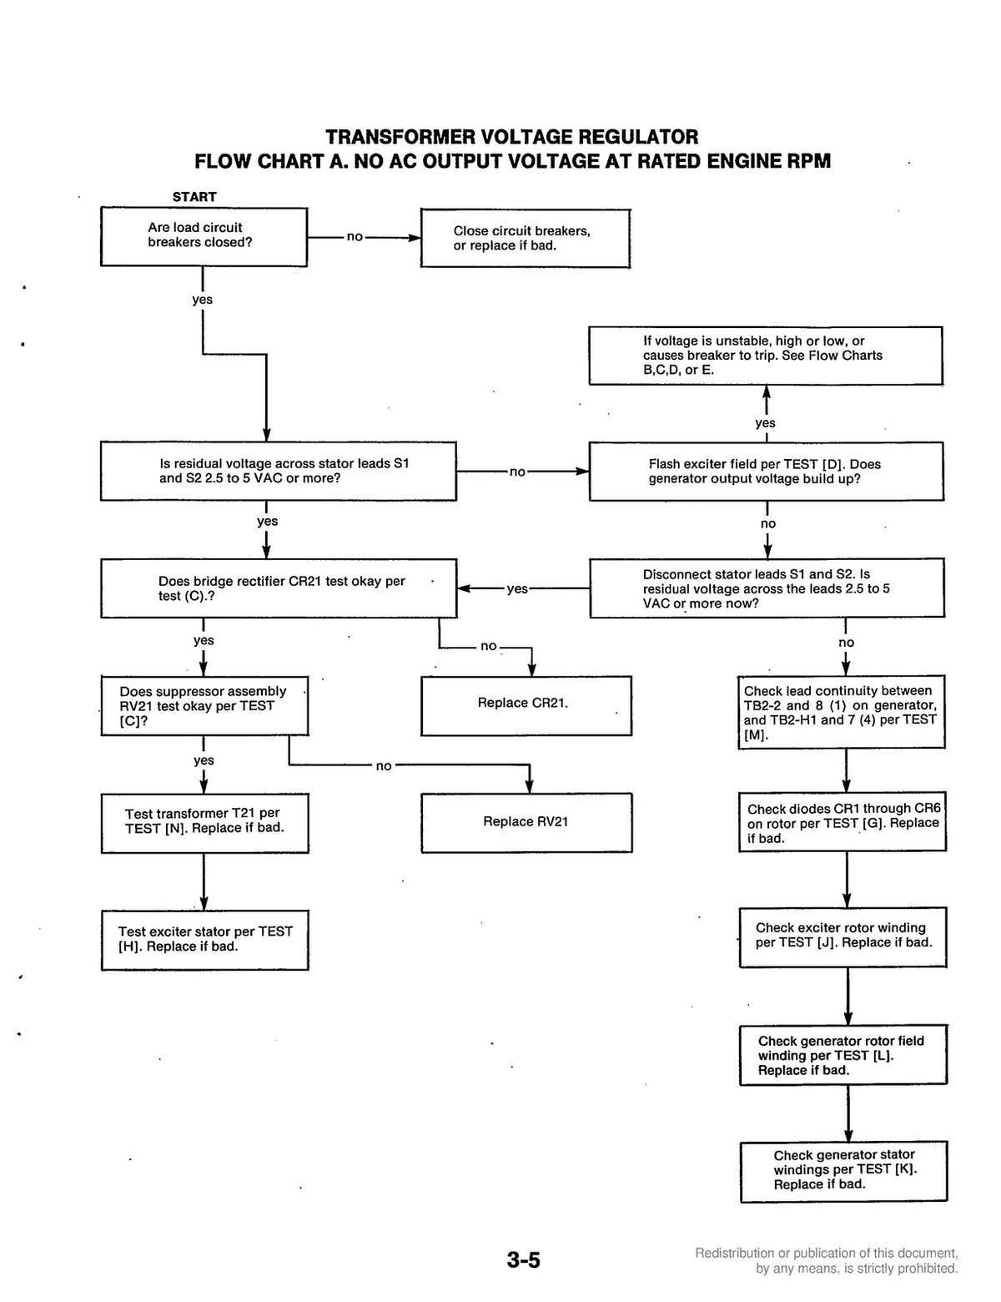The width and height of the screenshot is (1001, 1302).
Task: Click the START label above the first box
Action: click(x=194, y=196)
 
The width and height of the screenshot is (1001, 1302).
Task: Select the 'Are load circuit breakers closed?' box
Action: click(x=204, y=237)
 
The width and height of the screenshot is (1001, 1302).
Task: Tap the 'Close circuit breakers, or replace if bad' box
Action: click(x=525, y=239)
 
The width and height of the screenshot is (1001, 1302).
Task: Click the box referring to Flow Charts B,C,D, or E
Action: click(x=765, y=356)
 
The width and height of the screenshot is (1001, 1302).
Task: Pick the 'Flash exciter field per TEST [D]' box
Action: click(x=766, y=472)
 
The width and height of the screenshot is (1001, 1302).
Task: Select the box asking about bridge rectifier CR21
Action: click(x=279, y=588)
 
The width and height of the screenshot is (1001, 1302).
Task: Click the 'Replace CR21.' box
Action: click(x=526, y=705)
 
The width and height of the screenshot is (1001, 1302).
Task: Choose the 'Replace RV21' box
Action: click(x=526, y=822)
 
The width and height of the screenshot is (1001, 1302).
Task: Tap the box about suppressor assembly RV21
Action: click(x=204, y=705)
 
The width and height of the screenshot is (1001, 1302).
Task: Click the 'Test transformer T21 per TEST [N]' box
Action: click(x=204, y=823)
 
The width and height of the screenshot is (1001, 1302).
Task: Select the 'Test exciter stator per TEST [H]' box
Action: click(x=204, y=940)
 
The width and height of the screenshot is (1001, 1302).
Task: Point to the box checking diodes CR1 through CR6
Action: click(x=842, y=822)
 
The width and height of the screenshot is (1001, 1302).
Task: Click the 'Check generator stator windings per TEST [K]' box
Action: click(x=843, y=1171)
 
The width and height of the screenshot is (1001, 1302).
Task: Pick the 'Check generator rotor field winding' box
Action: click(x=843, y=1055)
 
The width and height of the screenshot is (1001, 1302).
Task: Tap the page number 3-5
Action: click(x=523, y=1260)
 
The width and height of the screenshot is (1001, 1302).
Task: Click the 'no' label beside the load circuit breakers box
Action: click(x=355, y=237)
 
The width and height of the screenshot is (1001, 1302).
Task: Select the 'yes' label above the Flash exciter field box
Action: click(x=765, y=423)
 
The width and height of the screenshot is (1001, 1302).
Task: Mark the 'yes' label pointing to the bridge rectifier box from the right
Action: click(x=517, y=589)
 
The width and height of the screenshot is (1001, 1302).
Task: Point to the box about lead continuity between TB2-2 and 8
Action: click(x=841, y=712)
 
